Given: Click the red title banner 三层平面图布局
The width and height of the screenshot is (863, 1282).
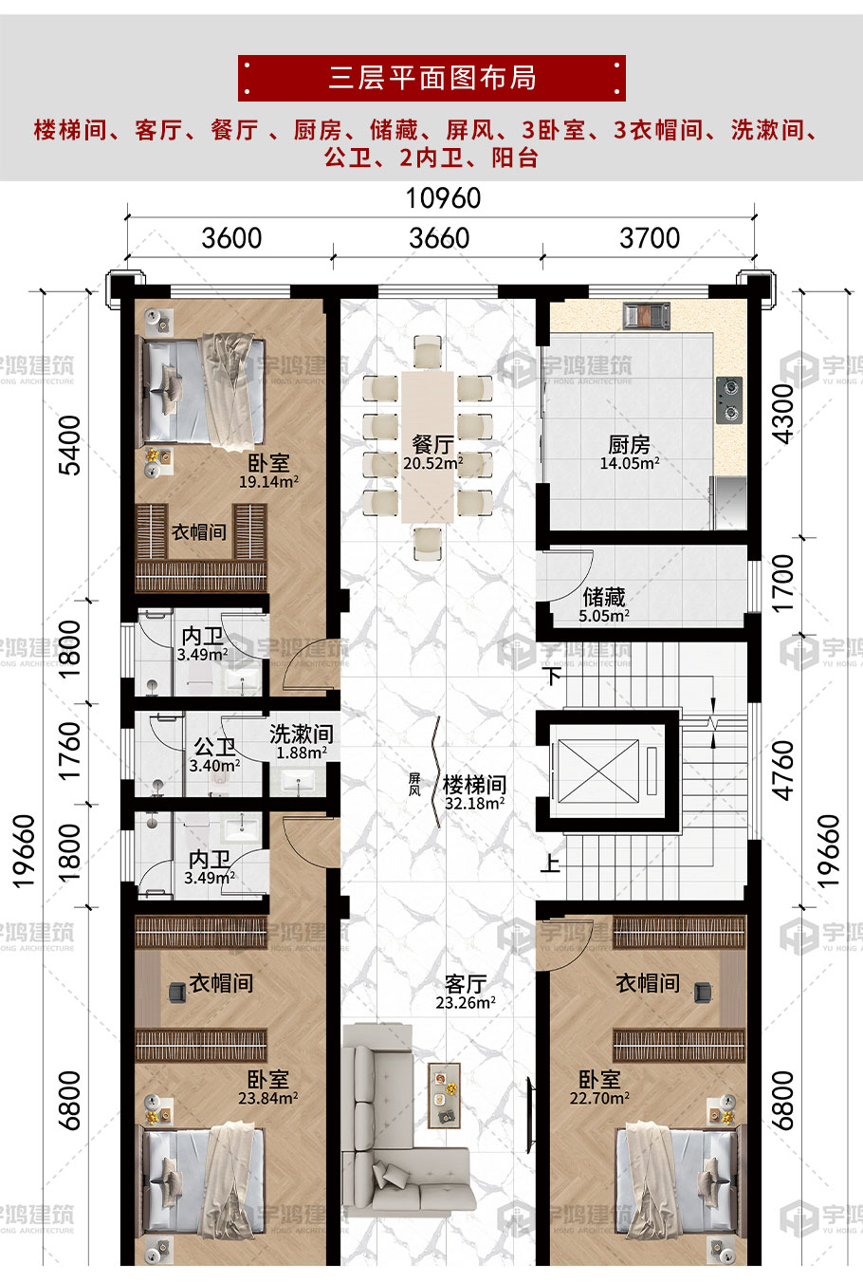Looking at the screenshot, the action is (x=431, y=78).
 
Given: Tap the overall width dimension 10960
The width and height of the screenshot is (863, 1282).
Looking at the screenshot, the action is (x=443, y=198).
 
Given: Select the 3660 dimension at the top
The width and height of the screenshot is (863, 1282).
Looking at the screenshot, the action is (x=439, y=238).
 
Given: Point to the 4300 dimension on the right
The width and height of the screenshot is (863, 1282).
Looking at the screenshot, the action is (x=783, y=414).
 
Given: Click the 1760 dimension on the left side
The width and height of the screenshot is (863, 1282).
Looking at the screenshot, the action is (x=70, y=752).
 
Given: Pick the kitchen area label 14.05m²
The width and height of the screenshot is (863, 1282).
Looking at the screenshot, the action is (x=630, y=464).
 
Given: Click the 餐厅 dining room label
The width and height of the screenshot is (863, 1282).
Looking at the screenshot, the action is (x=433, y=444).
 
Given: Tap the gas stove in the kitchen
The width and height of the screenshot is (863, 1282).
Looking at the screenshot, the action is (x=729, y=400).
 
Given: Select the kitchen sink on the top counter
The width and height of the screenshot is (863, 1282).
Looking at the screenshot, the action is (x=647, y=316).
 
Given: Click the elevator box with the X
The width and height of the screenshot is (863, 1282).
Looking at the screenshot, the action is (x=598, y=771).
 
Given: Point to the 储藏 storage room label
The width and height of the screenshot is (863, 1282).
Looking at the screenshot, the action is (x=604, y=598).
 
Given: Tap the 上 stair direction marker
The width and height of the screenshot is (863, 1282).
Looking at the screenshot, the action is (x=550, y=863).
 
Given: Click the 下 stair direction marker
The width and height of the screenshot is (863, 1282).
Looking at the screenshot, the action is (x=552, y=676).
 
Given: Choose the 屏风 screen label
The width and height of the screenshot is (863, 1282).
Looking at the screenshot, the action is (x=414, y=784).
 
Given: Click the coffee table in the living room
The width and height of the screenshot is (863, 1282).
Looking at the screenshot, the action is (x=445, y=1095).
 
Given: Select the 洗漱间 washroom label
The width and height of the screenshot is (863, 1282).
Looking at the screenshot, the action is (x=302, y=734).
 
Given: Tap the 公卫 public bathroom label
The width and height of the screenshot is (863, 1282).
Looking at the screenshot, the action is (x=214, y=746).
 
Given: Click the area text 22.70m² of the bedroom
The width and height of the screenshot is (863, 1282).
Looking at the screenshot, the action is (x=599, y=1098).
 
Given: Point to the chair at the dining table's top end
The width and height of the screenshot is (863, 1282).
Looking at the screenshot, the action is (x=428, y=351).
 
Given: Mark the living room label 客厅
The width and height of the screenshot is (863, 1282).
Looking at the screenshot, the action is (x=466, y=984).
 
